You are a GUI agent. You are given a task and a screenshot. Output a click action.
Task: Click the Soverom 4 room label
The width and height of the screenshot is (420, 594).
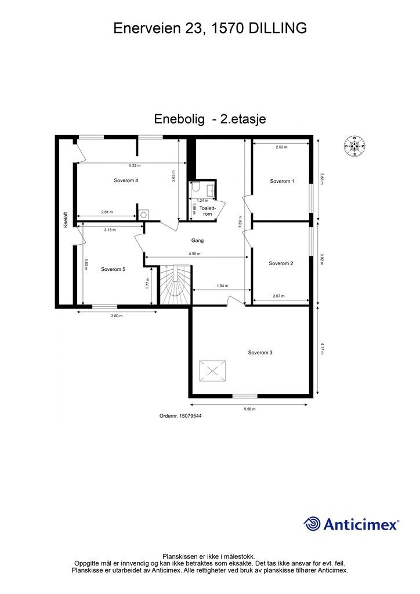point(126,181)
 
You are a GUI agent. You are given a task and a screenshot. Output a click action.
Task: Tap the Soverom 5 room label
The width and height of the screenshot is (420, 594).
point(113,269)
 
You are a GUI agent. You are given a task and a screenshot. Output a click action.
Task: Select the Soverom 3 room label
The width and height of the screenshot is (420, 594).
point(260,353)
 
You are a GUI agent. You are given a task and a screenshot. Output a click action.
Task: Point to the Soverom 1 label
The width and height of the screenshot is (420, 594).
point(282,182)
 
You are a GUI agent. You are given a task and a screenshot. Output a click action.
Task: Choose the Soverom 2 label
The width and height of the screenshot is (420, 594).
point(281,263)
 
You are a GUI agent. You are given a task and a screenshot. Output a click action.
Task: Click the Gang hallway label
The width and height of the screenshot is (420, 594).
point(197,241)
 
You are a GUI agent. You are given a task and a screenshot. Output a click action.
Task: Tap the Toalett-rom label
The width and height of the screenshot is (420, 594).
point(208,211)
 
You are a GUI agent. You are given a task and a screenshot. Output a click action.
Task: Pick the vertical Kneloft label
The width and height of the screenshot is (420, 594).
point(66,219)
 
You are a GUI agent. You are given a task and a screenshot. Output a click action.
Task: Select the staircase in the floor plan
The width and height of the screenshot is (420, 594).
point(176,285)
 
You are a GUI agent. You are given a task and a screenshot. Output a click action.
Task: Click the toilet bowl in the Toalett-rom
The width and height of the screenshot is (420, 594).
point(195,187)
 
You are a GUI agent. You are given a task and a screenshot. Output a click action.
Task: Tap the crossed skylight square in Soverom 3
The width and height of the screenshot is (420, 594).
point(213,372)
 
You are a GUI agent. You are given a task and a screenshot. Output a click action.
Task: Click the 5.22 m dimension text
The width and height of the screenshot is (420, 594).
point(135,165)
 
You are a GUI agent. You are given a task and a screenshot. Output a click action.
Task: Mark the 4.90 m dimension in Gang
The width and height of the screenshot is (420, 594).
point(195,254)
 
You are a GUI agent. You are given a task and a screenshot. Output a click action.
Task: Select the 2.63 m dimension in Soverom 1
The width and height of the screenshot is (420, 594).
point(281,147)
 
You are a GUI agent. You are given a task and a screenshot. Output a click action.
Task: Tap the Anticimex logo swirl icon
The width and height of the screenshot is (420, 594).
point(312,524)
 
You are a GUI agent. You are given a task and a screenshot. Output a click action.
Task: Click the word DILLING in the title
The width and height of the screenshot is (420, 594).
point(277,28)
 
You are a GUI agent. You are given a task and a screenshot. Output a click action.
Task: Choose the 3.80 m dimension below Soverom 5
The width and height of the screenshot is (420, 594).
point(117,316)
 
